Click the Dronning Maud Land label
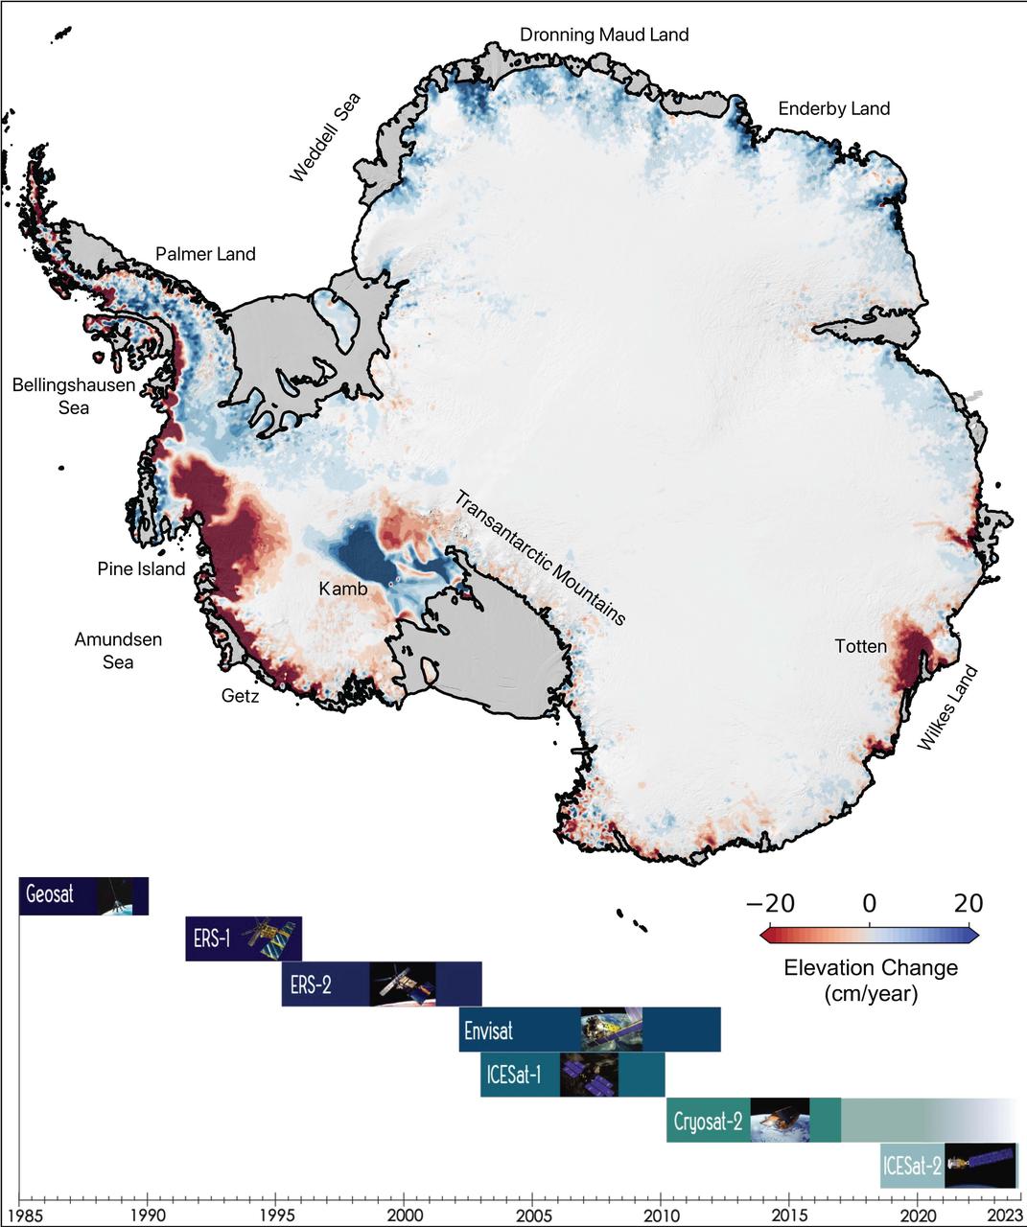pyautogui.click(x=604, y=35)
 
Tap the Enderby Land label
pyautogui.click(x=833, y=108)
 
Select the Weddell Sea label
pyautogui.click(x=326, y=137)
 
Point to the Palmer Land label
pyautogui.click(x=205, y=254)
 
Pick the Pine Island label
pyautogui.click(x=141, y=569)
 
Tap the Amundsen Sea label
pyautogui.click(x=118, y=651)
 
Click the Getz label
pyautogui.click(x=240, y=696)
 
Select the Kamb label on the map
pyautogui.click(x=343, y=589)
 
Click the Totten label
pyautogui.click(x=860, y=646)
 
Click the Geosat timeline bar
pyautogui.click(x=84, y=895)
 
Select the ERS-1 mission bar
pyautogui.click(x=244, y=938)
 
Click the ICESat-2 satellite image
pyautogui.click(x=980, y=1166)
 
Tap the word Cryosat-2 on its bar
pyautogui.click(x=708, y=1121)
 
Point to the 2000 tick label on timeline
pyautogui.click(x=404, y=1214)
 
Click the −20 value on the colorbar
pyautogui.click(x=770, y=903)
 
